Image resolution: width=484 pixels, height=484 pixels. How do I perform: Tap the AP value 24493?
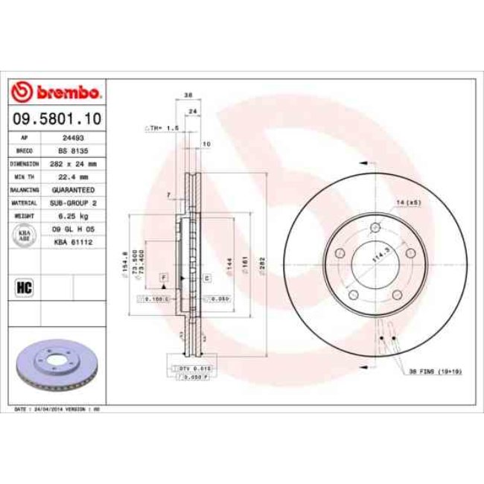point(72,138)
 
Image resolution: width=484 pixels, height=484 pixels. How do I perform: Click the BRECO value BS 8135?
point(72,150)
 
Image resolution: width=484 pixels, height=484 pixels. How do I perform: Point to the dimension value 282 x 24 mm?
point(72,164)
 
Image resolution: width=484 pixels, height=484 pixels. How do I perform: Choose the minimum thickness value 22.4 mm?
point(72,176)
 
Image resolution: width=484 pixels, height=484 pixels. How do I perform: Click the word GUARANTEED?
point(72,190)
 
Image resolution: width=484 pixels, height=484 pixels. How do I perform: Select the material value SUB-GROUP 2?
point(72,203)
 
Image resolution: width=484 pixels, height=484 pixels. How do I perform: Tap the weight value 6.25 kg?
point(72,216)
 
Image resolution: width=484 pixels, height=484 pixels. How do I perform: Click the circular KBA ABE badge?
point(25,236)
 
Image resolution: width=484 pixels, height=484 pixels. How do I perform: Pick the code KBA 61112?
point(72,242)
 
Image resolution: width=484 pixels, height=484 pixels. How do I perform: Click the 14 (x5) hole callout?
point(410,203)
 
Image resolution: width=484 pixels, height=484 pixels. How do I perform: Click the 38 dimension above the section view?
point(188,95)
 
